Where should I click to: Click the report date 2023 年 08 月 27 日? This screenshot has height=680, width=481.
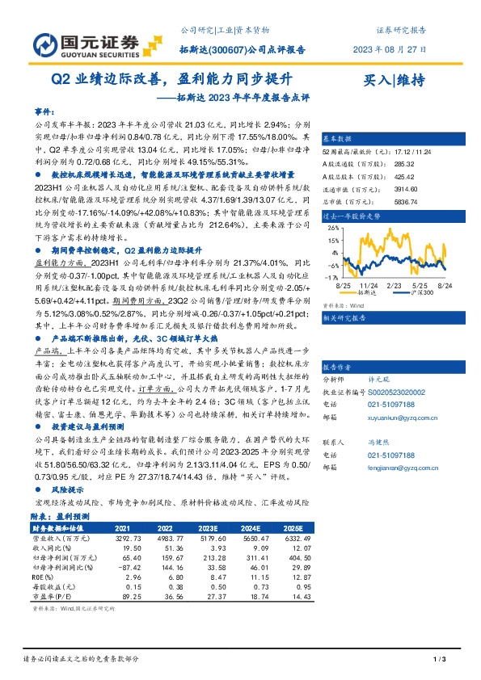[392, 49]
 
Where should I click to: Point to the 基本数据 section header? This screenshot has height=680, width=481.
[337, 139]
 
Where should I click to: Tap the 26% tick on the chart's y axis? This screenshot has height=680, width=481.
[333, 229]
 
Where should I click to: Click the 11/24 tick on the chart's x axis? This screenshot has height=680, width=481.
[369, 284]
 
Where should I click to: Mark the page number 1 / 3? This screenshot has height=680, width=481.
[440, 660]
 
